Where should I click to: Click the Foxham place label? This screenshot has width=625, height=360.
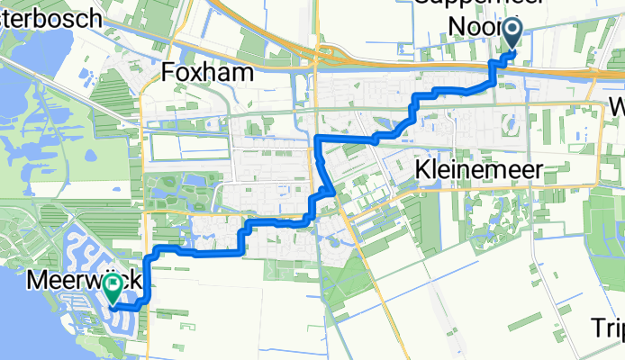(208, 72)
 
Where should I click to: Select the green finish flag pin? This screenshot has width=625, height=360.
(113, 288)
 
